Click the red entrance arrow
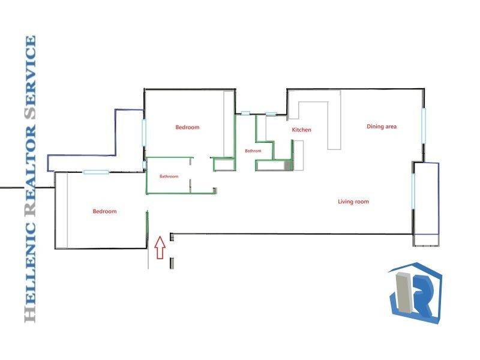tap(160, 247)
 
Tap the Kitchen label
tap(301, 130)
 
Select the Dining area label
tap(382, 127)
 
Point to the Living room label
tap(353, 202)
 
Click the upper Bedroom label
tap(187, 127)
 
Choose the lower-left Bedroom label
tap(104, 211)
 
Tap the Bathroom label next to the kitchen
tap(253, 151)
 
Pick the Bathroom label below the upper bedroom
tap(169, 176)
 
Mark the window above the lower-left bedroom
tap(96, 172)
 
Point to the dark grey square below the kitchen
tap(287, 164)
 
